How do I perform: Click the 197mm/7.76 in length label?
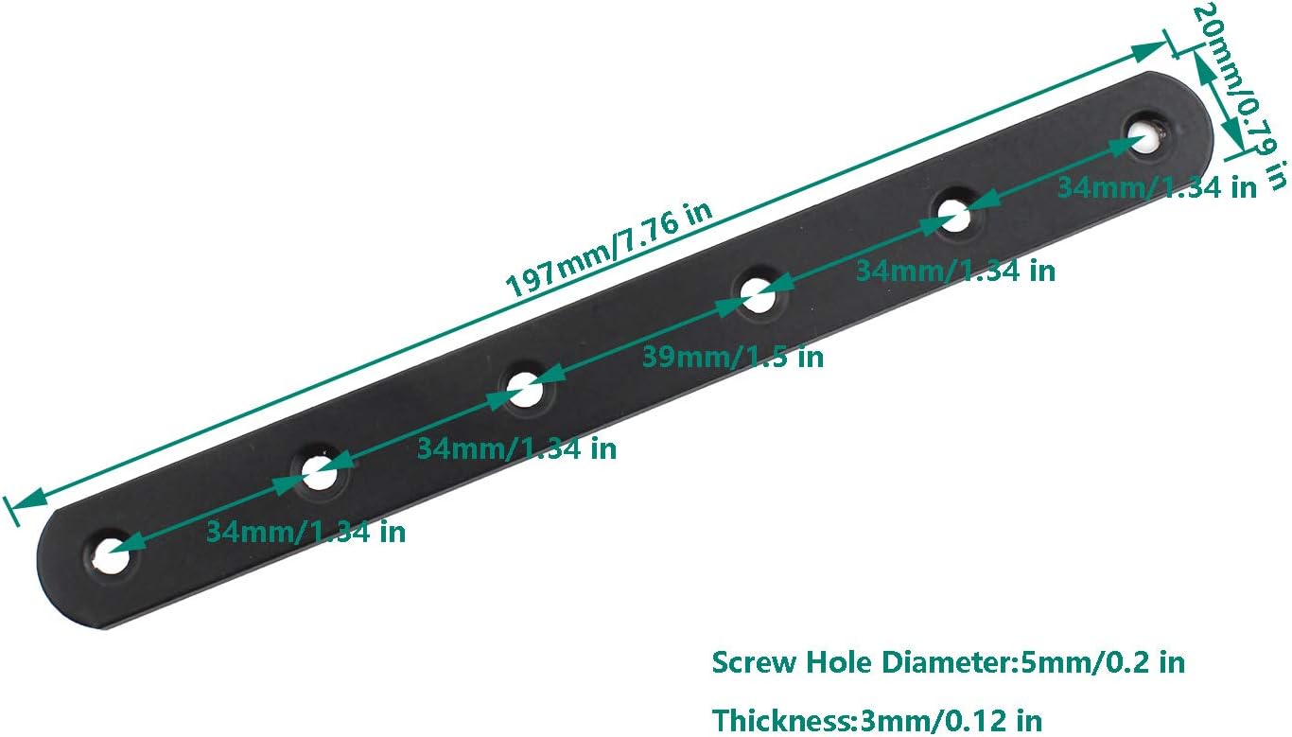[x=609, y=249]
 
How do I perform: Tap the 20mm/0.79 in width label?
[x=1240, y=96]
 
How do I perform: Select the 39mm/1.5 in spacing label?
[x=732, y=358]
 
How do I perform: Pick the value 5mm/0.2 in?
[x=1103, y=662]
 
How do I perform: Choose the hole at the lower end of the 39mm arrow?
[x=526, y=390]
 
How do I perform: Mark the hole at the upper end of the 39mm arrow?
[x=758, y=295]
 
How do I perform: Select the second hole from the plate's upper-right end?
[x=954, y=216]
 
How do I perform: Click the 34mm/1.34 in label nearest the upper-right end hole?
[x=1156, y=188]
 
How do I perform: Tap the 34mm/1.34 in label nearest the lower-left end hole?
[x=306, y=532]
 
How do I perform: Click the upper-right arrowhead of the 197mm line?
[x=1148, y=51]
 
